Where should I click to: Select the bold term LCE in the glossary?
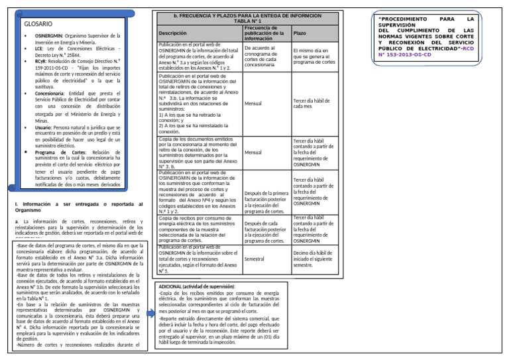(x=38, y=48)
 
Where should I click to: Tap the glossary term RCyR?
(x=41, y=61)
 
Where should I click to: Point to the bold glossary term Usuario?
(x=44, y=127)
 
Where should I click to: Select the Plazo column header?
(x=300, y=33)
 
